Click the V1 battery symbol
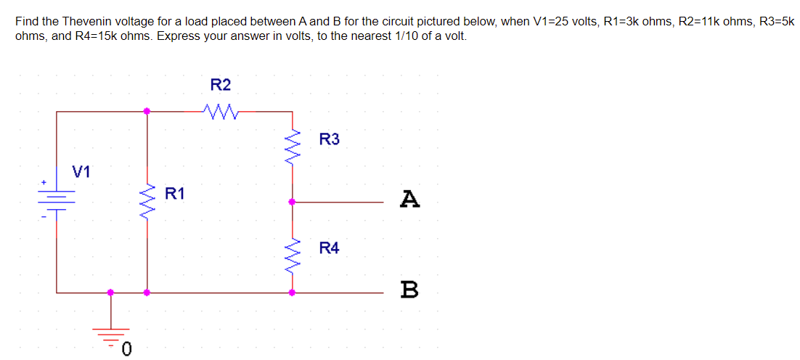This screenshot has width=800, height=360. [57, 197]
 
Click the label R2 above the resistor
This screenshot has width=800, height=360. [221, 85]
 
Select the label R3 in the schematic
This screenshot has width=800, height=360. [329, 139]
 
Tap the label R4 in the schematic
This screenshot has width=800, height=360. [329, 248]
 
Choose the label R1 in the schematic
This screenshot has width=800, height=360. [175, 193]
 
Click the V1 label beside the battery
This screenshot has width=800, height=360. [81, 172]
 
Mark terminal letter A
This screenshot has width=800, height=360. [410, 198]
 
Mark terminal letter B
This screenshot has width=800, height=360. [410, 290]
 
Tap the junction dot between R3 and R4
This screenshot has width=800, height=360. [292, 202]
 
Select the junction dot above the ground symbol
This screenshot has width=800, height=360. [111, 292]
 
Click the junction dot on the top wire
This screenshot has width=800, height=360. [147, 111]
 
